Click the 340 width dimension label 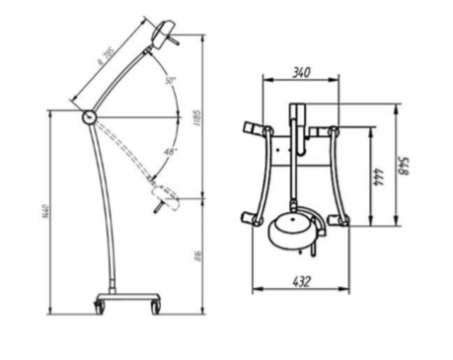pyautogui.click(x=303, y=71)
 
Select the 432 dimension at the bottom pyautogui.click(x=303, y=281)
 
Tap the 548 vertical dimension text pyautogui.click(x=402, y=165)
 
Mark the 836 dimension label pyautogui.click(x=197, y=257)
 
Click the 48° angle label pyautogui.click(x=170, y=152)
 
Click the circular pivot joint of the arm pyautogui.click(x=89, y=115)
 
